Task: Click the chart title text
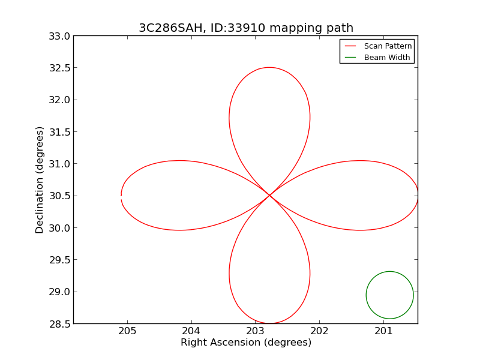pos(246,28)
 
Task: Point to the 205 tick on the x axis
pos(127,331)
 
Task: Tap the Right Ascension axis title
pos(246,343)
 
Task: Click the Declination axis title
pos(40,180)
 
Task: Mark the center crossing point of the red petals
pos(269,195)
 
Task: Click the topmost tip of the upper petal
pos(269,67)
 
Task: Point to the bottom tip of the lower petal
pos(269,323)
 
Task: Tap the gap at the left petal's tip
pos(121,196)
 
